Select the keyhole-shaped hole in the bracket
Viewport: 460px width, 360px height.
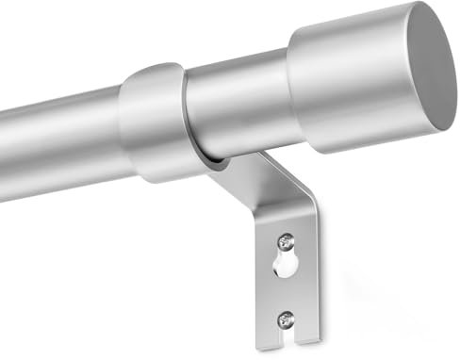(x=285, y=267)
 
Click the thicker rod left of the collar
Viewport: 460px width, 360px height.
(x=57, y=141)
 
